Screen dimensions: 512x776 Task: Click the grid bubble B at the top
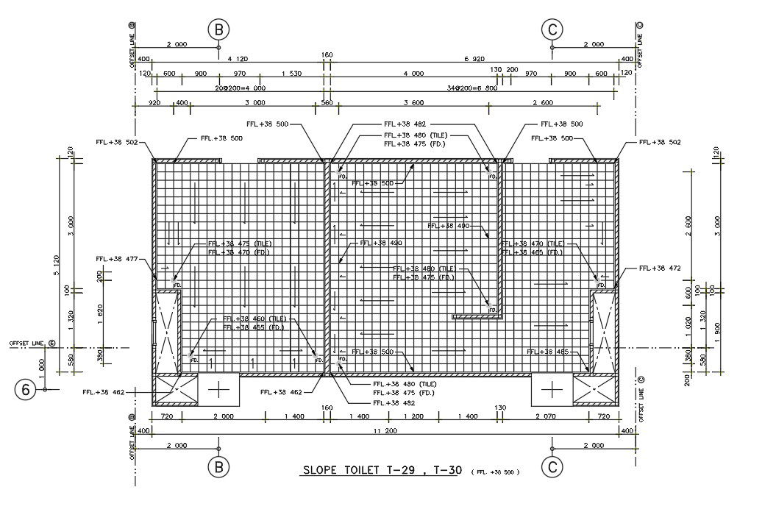tap(218, 29)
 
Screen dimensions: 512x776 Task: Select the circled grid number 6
tap(25, 389)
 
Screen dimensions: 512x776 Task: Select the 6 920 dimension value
tap(475, 58)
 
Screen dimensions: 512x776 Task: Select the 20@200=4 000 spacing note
tap(241, 88)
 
